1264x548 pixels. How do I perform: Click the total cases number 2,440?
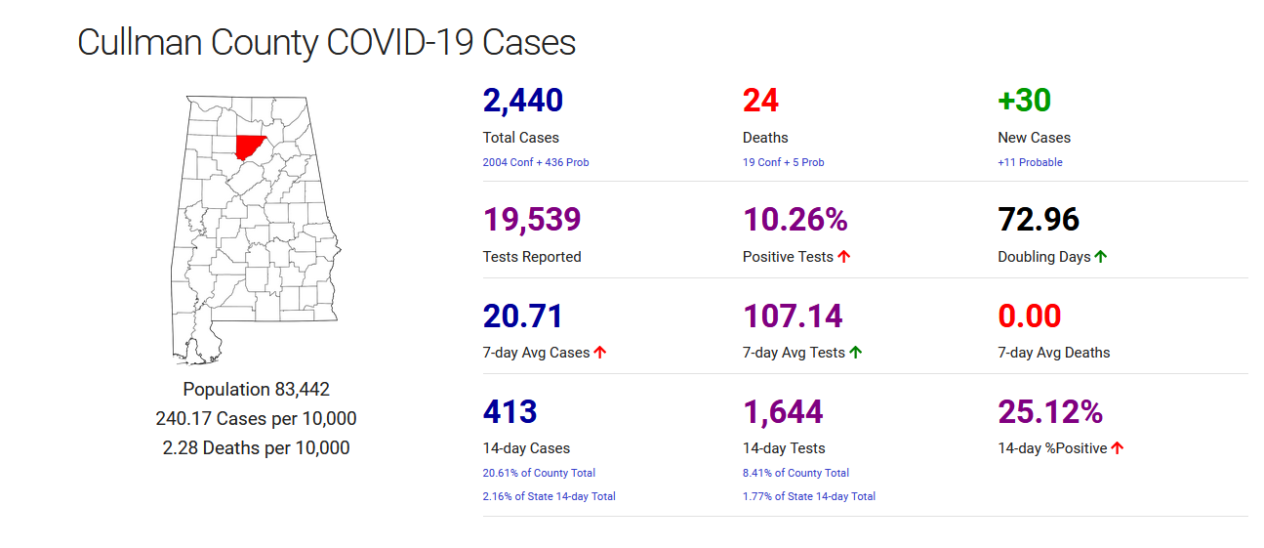522,101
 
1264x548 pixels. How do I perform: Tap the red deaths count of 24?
760,101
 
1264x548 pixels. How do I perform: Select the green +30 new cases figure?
1024,101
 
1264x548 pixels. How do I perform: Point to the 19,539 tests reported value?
532,220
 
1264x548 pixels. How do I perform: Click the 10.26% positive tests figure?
795,220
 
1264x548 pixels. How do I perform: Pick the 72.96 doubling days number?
1039,220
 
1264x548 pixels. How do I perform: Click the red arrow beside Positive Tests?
844,257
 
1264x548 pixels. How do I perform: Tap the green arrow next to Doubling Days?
1101,257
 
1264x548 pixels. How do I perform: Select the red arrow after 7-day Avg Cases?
600,353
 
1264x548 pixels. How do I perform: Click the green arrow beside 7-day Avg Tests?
856,353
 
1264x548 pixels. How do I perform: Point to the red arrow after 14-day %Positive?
1118,448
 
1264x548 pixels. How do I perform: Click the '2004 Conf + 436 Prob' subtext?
536,162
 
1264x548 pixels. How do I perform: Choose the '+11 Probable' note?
1030,162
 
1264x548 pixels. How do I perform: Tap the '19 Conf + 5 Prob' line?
783,162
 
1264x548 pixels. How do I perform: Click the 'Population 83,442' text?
256,389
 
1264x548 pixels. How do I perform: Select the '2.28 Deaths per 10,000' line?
256,447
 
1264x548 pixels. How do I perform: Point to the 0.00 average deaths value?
1029,316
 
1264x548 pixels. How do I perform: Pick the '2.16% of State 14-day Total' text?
549,496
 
